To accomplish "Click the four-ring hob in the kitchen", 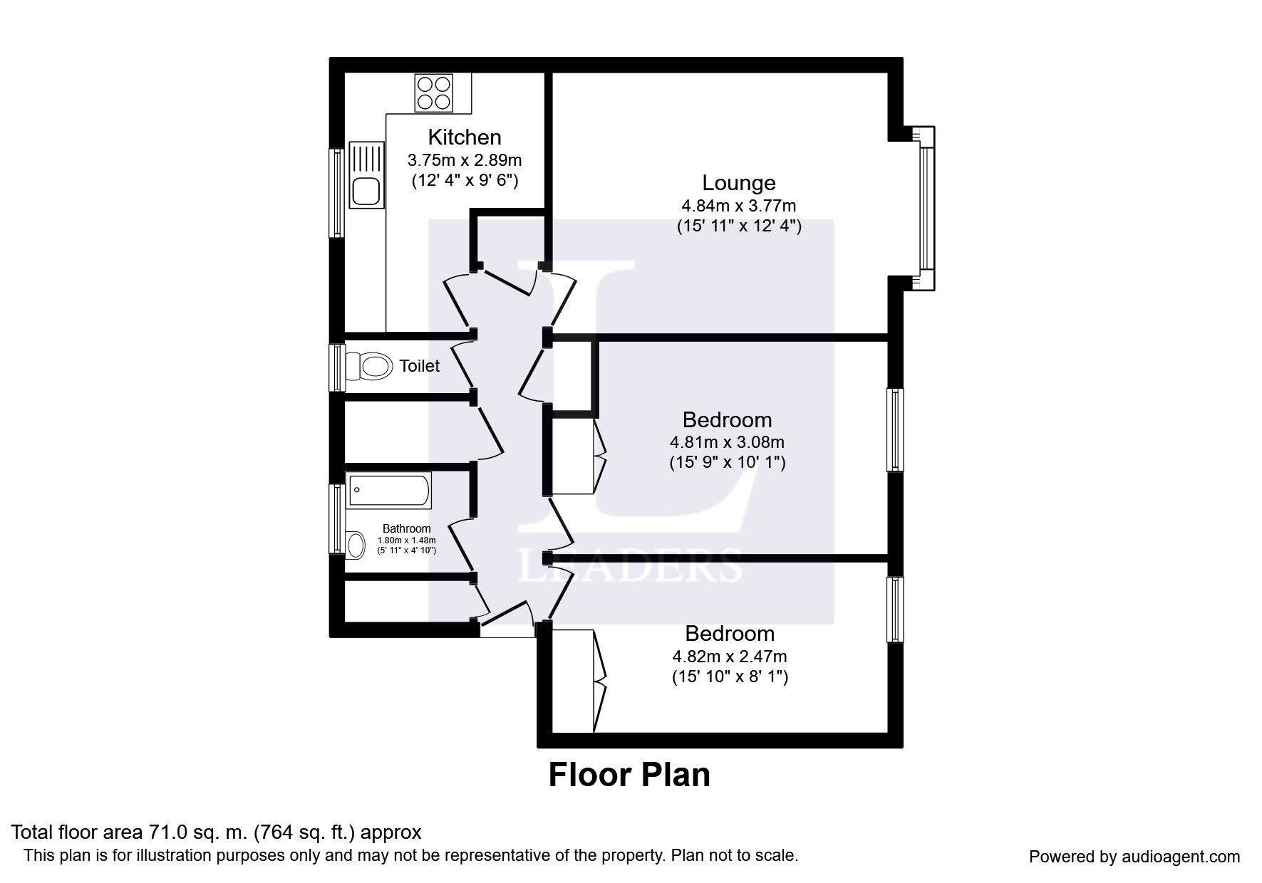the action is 434,93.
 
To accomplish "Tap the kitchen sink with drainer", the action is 366,174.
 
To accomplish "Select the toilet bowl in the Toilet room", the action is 371,367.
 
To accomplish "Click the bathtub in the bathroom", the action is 389,491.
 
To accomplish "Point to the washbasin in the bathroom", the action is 356,545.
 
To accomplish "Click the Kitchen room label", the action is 464,137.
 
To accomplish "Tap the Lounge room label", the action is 738,183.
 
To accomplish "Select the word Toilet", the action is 419,366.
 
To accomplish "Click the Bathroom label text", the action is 406,528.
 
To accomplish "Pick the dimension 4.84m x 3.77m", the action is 738,207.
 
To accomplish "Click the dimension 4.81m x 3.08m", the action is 727,442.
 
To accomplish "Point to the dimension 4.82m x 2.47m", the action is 730,657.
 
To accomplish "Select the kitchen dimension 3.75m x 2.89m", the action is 464,160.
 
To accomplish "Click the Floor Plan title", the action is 629,775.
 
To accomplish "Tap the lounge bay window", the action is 926,209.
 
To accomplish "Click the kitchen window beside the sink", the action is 336,192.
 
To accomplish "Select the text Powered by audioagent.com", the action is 1134,857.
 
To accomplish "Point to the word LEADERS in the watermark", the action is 630,566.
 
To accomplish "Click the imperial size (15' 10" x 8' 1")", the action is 730,676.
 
